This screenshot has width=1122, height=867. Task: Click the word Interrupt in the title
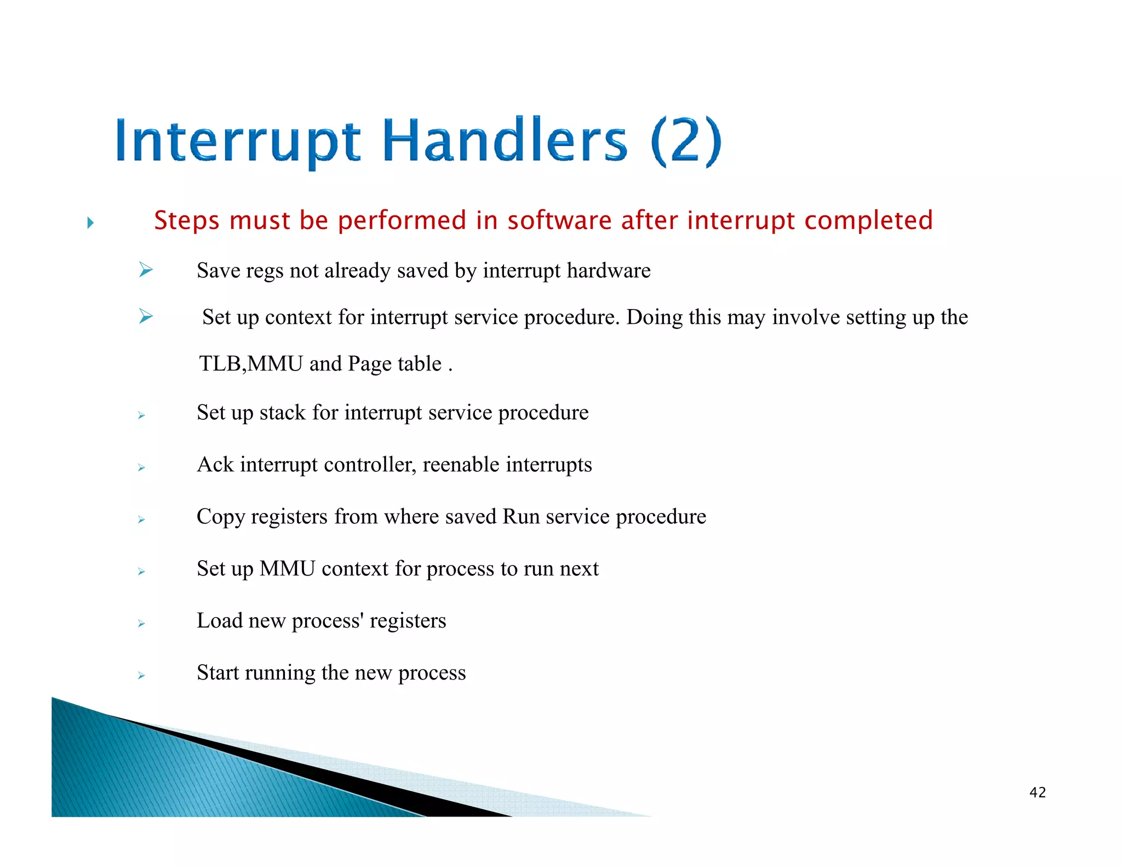[237, 141]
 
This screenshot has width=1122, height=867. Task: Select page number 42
[1037, 792]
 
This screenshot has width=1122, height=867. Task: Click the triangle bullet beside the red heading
[90, 223]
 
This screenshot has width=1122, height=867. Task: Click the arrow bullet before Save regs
[146, 269]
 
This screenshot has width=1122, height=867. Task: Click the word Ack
[215, 464]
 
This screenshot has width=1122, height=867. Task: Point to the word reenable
[461, 464]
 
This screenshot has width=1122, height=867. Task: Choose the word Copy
[220, 517]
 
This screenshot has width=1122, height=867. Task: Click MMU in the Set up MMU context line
[287, 568]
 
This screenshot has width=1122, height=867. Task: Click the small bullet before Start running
[141, 676]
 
